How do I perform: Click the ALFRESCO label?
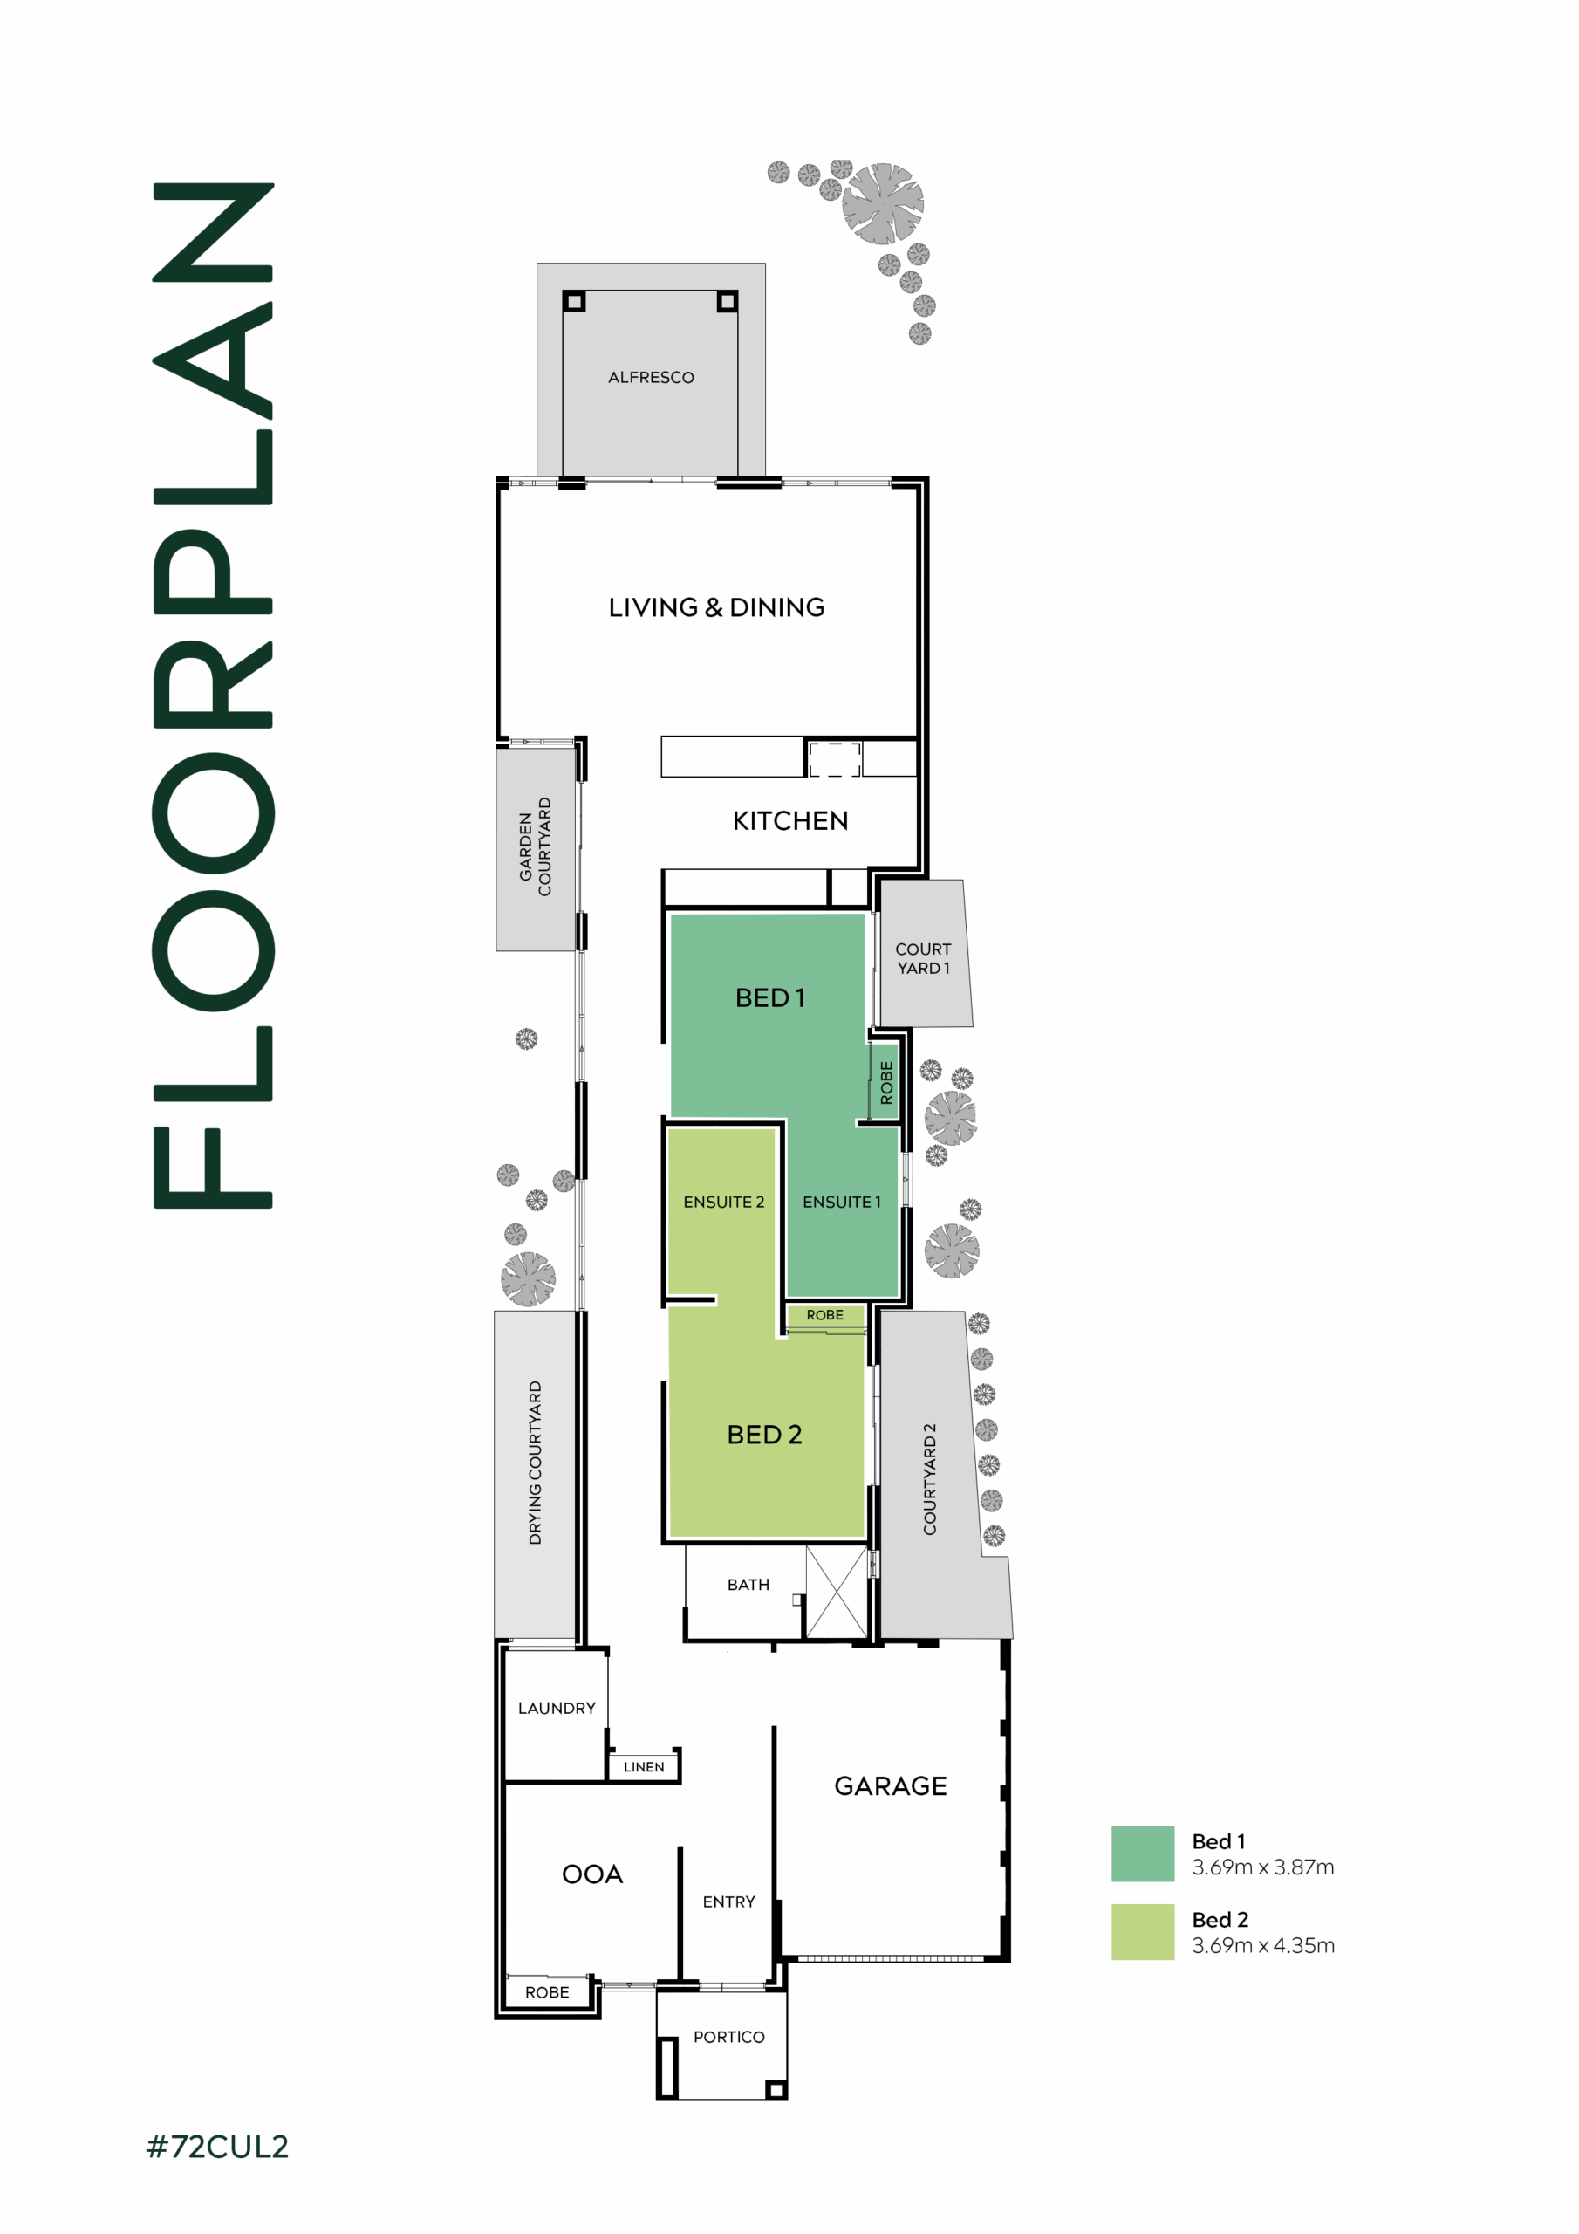pos(651,378)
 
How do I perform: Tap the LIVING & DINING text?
pos(716,607)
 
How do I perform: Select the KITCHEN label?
pos(790,821)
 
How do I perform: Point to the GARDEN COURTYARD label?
pos(535,846)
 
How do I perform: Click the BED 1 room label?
pos(769,998)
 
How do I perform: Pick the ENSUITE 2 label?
pos(724,1203)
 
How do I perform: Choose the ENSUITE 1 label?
pos(842,1203)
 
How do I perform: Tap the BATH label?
pos(748,1585)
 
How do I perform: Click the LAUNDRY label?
pos(557,1709)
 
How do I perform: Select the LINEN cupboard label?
pos(644,1767)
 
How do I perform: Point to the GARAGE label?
pos(890,1786)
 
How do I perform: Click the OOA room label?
pos(592,1875)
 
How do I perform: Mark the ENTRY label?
pos(728,1902)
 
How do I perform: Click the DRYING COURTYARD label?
pos(535,1463)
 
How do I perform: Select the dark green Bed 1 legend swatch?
pos(1143,1854)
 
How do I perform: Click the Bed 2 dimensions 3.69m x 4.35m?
pos(1263,1946)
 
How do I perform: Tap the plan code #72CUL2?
pos(217,2147)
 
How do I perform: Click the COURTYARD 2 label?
pos(930,1479)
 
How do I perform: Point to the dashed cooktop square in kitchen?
pos(835,760)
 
